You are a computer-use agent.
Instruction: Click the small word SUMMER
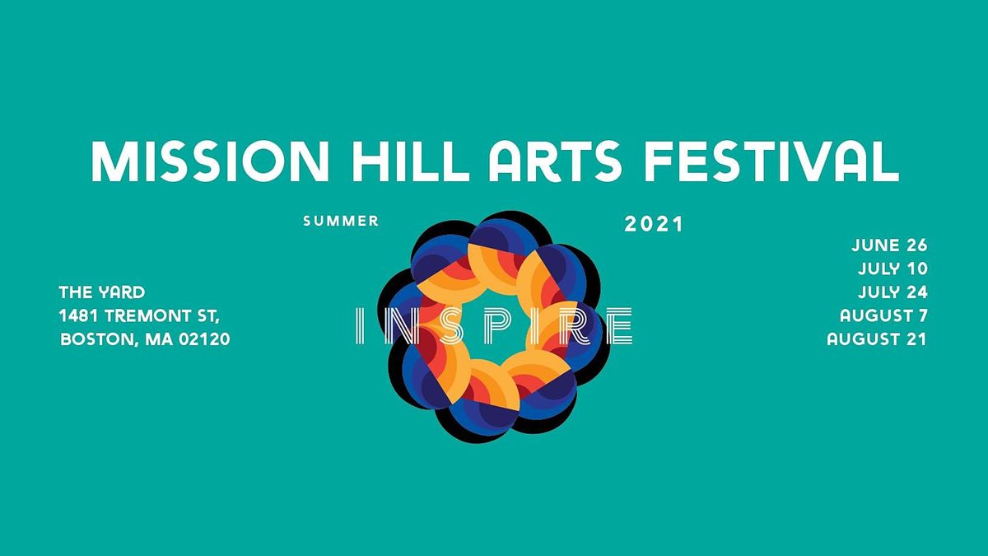coord(341,221)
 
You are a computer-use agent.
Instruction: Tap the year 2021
coord(654,223)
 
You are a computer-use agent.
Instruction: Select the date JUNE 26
coord(889,245)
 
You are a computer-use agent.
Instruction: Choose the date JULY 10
coord(892,269)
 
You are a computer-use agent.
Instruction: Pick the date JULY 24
coord(892,292)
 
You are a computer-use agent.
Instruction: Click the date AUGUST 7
coord(883,315)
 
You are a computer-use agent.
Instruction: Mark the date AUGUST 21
coord(877,339)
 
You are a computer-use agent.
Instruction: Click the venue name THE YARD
coord(102,292)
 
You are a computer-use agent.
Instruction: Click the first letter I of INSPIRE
coord(357,326)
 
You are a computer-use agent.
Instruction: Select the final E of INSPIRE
coord(620,326)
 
